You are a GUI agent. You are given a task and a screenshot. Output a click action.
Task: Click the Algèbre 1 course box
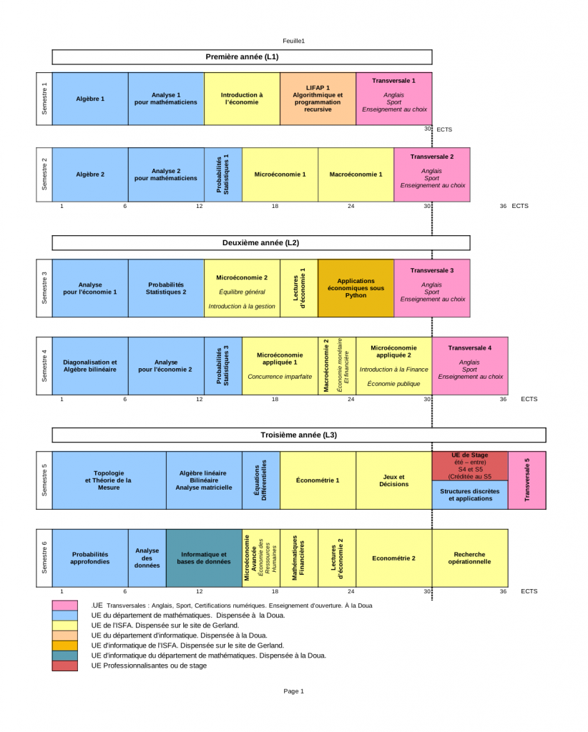click(x=90, y=99)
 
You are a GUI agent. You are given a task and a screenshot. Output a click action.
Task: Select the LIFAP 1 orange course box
click(x=318, y=99)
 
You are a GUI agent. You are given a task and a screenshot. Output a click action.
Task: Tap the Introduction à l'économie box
click(x=242, y=99)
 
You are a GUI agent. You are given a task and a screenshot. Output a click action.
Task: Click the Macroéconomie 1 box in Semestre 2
click(x=356, y=174)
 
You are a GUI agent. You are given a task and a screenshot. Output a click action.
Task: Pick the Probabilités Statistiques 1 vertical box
click(x=223, y=174)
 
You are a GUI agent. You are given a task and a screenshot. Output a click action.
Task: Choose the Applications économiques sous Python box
click(x=356, y=288)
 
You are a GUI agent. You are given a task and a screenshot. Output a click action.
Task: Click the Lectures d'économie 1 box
click(x=299, y=288)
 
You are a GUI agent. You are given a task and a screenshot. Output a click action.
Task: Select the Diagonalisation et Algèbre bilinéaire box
click(x=90, y=366)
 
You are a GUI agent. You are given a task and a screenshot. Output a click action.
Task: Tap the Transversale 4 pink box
click(x=470, y=366)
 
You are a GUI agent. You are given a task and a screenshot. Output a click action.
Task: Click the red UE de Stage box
click(x=470, y=466)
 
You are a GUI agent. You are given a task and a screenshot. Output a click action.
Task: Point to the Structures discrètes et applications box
click(x=470, y=495)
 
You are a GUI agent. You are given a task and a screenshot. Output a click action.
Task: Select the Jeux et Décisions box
click(x=393, y=480)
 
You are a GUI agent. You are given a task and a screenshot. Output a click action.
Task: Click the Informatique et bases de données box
click(x=204, y=558)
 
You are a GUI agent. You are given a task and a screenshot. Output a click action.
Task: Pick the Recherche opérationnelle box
click(x=470, y=558)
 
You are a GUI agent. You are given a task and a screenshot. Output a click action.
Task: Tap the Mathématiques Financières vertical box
click(x=299, y=558)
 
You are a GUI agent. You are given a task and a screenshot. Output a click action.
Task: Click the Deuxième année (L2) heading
click(x=260, y=243)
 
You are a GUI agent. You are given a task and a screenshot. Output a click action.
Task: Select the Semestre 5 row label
click(x=44, y=480)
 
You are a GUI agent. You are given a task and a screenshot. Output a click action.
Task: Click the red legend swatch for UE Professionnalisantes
click(x=65, y=666)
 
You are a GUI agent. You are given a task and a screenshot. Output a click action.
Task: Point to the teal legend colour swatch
click(x=65, y=656)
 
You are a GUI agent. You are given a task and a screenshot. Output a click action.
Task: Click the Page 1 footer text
click(x=293, y=691)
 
